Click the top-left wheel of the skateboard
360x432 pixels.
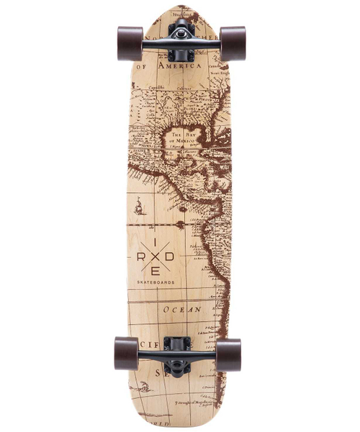click(130, 43)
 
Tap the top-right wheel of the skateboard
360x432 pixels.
click(232, 43)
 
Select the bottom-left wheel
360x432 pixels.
click(126, 354)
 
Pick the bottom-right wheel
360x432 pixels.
click(228, 354)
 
